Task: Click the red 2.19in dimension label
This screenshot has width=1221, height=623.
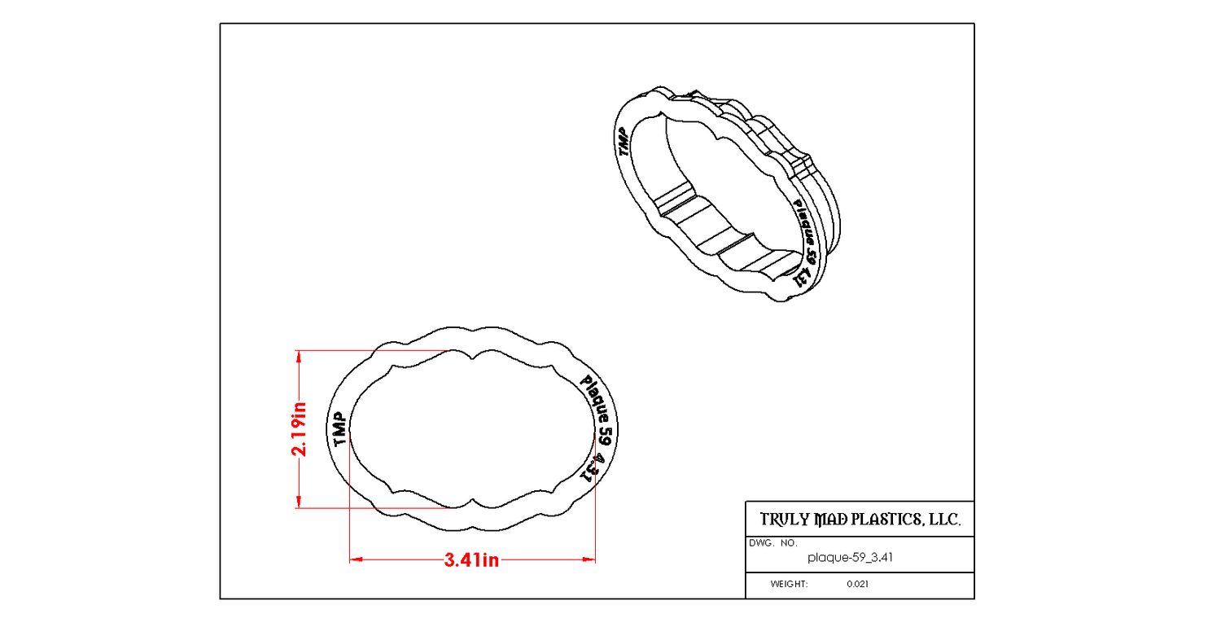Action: point(300,429)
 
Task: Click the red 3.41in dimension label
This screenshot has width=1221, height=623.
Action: point(471,559)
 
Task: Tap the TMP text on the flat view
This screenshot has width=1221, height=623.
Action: point(339,429)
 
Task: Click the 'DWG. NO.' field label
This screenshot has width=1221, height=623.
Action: point(773,543)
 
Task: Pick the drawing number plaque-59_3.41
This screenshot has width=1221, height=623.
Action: point(850,558)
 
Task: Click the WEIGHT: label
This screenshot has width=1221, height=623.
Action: point(789,584)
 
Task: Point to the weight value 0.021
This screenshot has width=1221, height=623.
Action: point(857,584)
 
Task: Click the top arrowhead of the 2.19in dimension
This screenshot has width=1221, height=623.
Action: point(299,356)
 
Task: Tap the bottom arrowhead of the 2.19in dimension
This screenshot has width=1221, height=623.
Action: point(299,502)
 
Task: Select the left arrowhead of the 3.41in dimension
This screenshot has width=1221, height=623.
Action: point(356,559)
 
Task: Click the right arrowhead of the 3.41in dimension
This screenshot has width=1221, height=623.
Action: point(589,559)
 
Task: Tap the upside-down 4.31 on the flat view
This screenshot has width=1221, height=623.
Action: point(592,468)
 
